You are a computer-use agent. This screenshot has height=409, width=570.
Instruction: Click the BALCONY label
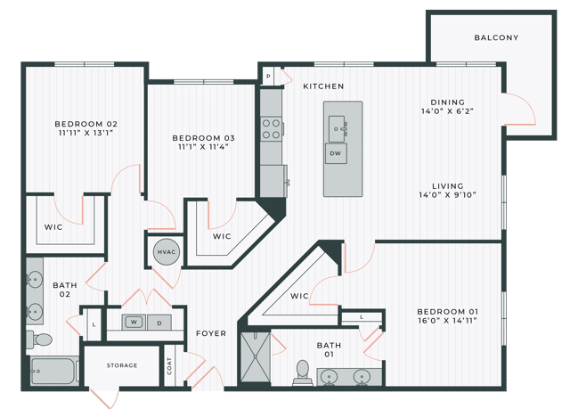496,37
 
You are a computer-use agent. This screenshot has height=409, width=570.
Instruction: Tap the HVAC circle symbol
167,252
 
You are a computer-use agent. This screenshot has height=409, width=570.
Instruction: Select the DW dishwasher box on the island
336,153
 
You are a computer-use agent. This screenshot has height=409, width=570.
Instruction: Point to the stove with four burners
272,129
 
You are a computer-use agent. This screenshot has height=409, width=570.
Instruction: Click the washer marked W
134,322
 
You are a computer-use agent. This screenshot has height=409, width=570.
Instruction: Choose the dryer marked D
159,322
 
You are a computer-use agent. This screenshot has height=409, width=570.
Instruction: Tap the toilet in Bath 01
303,372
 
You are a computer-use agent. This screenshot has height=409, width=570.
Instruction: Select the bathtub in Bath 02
53,371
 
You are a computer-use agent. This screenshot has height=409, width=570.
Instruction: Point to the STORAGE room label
122,365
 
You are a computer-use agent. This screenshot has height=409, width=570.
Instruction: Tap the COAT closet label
169,366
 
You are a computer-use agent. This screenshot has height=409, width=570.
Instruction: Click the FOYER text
211,333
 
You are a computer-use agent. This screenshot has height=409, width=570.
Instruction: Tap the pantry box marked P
268,78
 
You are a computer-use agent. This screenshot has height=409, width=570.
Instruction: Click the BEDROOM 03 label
204,137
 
